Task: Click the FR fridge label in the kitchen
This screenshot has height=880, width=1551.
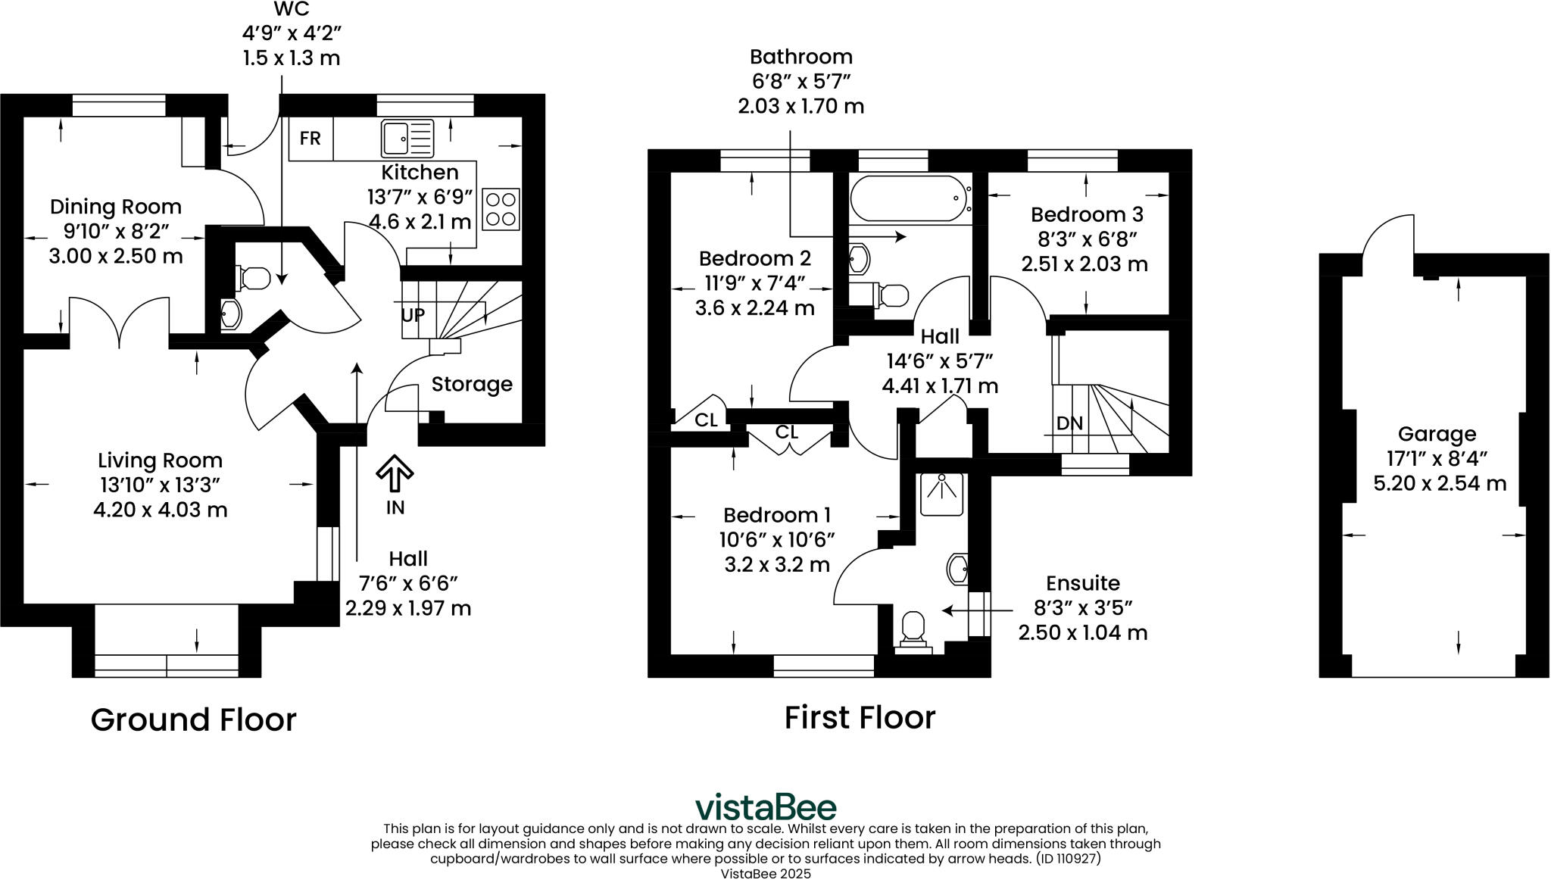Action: (310, 139)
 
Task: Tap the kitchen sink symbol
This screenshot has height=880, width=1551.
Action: (407, 138)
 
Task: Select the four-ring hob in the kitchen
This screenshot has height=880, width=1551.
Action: (501, 209)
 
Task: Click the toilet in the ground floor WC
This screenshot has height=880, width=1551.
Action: (253, 278)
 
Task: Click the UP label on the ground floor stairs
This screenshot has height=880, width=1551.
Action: (413, 315)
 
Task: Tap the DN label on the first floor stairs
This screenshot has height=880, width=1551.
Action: (1069, 423)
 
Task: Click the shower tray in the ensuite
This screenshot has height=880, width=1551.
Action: (942, 495)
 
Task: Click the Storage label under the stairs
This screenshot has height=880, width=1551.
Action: (472, 385)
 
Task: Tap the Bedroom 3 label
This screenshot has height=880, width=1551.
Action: (1087, 214)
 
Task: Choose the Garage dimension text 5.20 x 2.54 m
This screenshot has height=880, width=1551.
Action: (1440, 483)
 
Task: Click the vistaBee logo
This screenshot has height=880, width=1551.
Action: (766, 807)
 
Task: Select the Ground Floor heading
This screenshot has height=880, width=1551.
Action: (193, 719)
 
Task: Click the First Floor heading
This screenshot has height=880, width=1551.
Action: (860, 717)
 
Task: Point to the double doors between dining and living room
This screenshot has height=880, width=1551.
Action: (119, 322)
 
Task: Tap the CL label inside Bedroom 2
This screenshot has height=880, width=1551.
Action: (706, 420)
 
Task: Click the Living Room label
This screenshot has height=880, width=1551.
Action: (160, 460)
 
